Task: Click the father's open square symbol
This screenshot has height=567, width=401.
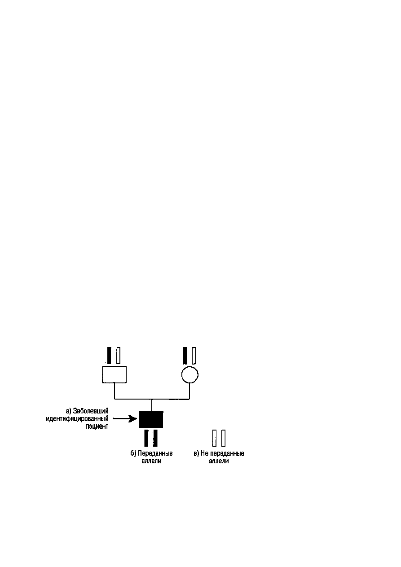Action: pos(114,374)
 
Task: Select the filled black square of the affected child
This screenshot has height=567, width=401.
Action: pos(151,419)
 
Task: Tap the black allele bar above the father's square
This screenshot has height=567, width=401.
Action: pos(109,356)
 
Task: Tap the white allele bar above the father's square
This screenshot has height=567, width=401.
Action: pos(118,356)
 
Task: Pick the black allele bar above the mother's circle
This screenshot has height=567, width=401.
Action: pos(185,356)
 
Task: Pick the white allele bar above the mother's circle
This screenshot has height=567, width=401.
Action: pos(194,356)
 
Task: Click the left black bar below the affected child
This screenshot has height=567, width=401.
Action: pos(146,438)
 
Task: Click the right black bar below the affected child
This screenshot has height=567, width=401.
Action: pos(155,438)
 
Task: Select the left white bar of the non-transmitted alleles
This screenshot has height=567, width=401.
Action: pos(215,438)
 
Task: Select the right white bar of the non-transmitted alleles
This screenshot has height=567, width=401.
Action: pos(224,438)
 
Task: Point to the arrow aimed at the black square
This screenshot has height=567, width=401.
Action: pos(125,418)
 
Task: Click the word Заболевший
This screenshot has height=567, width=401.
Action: pos(91,411)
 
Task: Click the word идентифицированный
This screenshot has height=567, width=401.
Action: pos(77,419)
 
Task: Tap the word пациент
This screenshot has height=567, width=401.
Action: pos(97,426)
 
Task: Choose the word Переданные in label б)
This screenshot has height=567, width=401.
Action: pos(155,453)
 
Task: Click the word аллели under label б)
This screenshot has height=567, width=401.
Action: pos(151,461)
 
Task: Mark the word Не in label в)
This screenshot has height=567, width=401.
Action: pos(204,453)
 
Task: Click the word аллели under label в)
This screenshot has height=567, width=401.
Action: pos(219,461)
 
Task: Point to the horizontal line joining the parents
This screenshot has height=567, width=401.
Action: pos(152,399)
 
